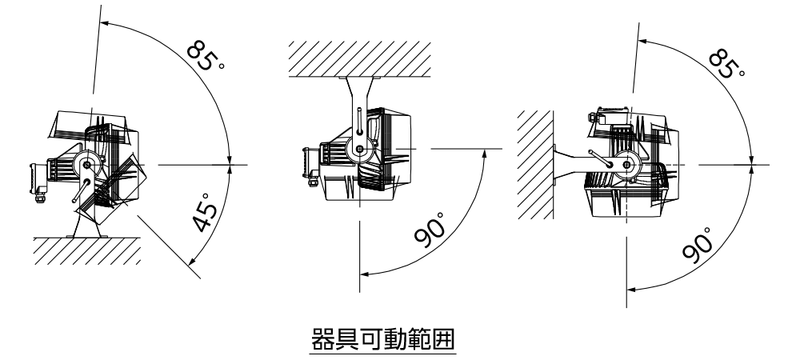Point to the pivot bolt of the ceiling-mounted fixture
(x=359, y=148)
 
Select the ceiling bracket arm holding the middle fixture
(x=357, y=96)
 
